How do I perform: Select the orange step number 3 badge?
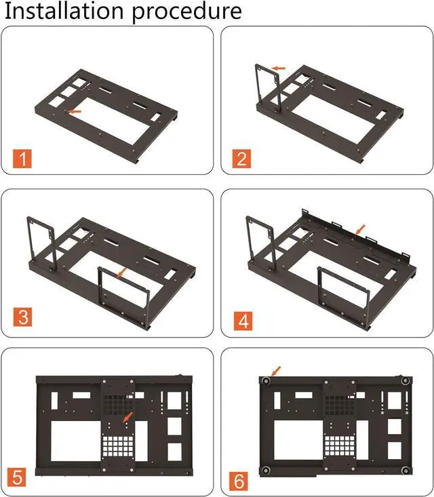[x=24, y=318]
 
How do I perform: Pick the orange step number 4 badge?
[x=241, y=318]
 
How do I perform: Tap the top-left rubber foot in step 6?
[x=267, y=382]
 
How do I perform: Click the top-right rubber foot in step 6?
[x=405, y=382]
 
